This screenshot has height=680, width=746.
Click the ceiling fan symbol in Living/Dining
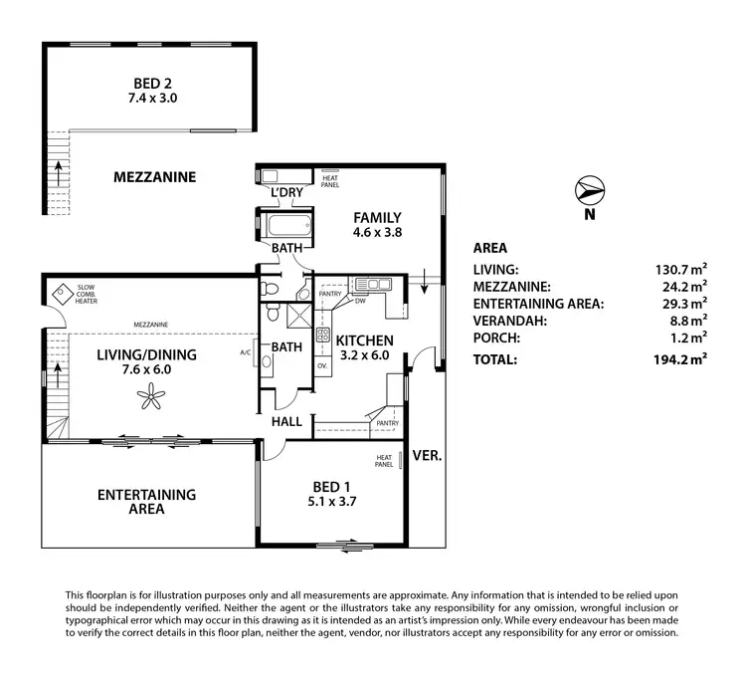tap(152, 399)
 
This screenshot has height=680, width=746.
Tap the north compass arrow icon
tap(590, 189)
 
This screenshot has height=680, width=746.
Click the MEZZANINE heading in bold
tap(154, 177)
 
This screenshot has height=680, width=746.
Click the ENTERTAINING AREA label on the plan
tap(146, 502)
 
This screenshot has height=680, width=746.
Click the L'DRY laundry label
tap(287, 193)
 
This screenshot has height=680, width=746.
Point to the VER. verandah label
tap(426, 454)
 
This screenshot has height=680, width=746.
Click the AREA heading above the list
tap(490, 248)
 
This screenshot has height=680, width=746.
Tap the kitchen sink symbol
tap(376, 285)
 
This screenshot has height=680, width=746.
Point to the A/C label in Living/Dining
tap(245, 352)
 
